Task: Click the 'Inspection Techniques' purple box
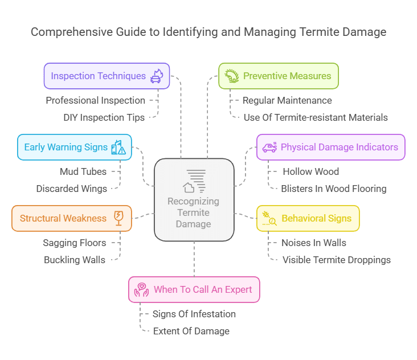107,76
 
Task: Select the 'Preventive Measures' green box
279,76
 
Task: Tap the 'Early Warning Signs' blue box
74,147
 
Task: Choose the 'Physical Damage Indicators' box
330,147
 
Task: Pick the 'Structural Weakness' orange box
71,218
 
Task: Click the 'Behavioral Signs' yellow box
308,218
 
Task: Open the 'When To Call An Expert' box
194,289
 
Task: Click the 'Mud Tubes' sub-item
83,171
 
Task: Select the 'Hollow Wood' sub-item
310,171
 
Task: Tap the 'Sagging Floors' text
75,243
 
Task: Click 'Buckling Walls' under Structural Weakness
75,260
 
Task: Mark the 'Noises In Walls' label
314,243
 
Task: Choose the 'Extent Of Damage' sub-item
191,331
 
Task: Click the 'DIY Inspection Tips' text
104,117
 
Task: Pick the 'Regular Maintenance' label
287,100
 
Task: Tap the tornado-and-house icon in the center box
194,181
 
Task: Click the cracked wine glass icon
118,218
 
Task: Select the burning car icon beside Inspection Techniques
156,76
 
